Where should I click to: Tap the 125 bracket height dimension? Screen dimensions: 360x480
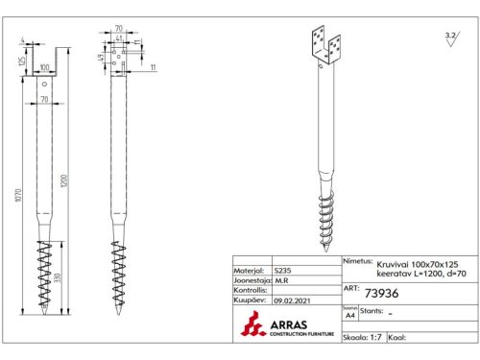click(22, 60)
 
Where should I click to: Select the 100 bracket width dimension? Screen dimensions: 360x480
click(44, 68)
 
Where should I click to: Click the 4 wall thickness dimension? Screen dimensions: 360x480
click(22, 41)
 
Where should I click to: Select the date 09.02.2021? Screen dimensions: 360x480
click(292, 300)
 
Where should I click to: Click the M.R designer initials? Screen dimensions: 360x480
click(280, 281)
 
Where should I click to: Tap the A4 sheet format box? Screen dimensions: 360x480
click(348, 314)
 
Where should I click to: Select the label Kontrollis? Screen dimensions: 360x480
click(250, 291)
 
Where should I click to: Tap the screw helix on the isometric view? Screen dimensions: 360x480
click(327, 214)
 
